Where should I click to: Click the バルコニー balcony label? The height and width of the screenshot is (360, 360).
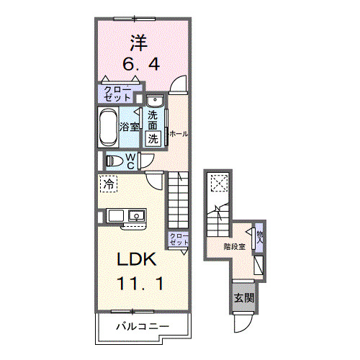click(143, 327)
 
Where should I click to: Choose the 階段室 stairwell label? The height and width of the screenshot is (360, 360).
click(234, 246)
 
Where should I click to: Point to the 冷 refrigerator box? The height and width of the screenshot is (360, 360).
click(107, 184)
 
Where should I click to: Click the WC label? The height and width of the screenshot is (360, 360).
click(132, 161)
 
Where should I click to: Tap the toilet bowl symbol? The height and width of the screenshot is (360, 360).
click(115, 161)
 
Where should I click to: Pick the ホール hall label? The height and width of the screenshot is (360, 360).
click(179, 133)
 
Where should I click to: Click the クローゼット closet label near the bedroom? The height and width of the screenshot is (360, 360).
click(116, 94)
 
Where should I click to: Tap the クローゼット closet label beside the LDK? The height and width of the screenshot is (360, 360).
click(179, 239)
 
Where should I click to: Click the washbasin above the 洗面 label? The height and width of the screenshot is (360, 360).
click(154, 101)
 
